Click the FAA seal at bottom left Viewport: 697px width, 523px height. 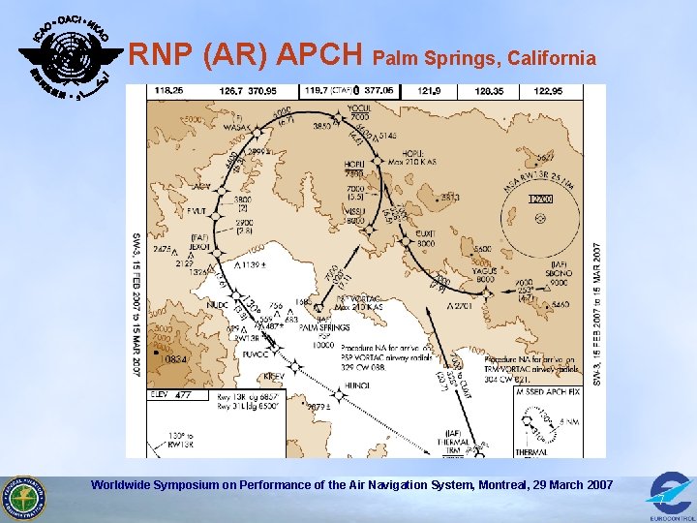23,497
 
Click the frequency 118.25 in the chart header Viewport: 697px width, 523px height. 168,91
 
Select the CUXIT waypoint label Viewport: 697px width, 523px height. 427,232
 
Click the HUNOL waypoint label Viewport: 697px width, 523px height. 356,385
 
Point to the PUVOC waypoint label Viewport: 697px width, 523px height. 255,355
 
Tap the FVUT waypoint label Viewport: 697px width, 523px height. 197,210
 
